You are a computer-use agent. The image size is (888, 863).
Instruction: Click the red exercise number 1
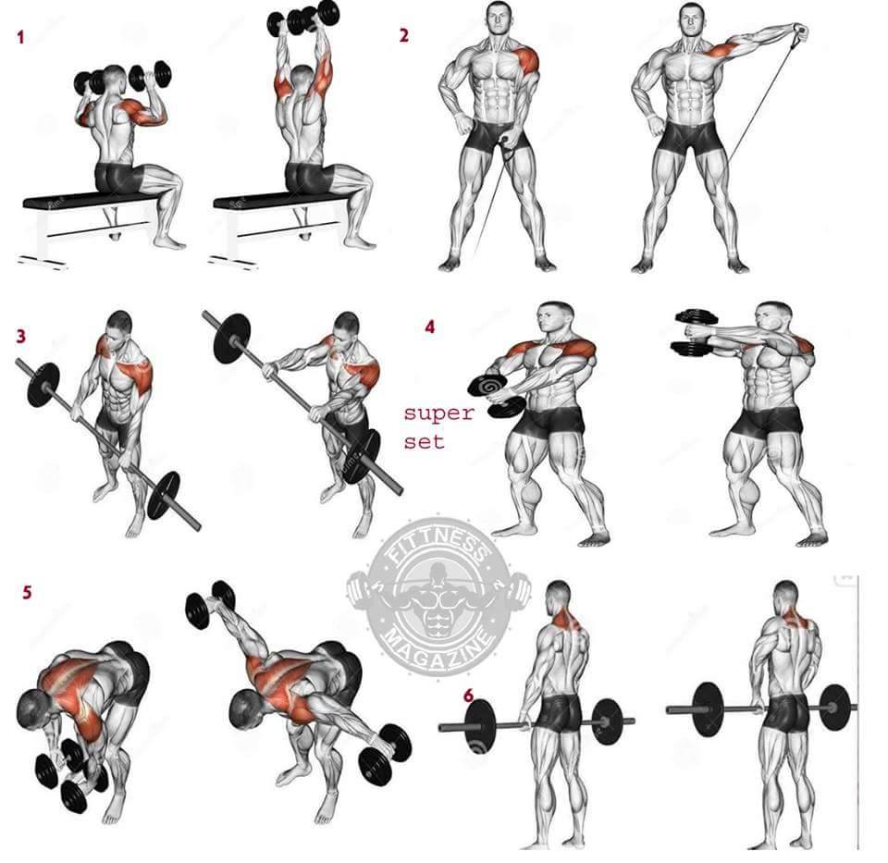click(x=21, y=38)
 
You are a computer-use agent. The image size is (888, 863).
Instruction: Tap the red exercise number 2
click(x=404, y=36)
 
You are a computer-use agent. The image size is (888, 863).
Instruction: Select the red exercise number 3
click(x=21, y=337)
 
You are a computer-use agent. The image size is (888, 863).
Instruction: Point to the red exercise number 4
click(x=430, y=327)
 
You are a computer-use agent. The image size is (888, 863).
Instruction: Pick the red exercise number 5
click(x=27, y=592)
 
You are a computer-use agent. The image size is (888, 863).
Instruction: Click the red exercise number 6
click(x=469, y=696)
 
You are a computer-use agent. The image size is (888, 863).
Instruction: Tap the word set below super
click(x=425, y=440)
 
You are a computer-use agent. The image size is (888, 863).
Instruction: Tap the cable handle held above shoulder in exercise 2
click(x=801, y=30)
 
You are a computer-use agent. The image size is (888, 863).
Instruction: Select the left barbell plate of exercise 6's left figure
click(x=480, y=727)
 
